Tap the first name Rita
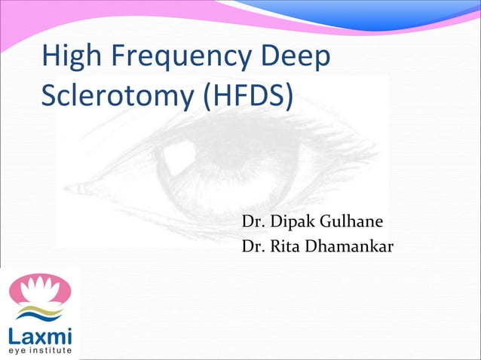tap(290, 246)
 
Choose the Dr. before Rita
tap(252, 246)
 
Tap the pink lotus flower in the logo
tap(39, 288)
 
